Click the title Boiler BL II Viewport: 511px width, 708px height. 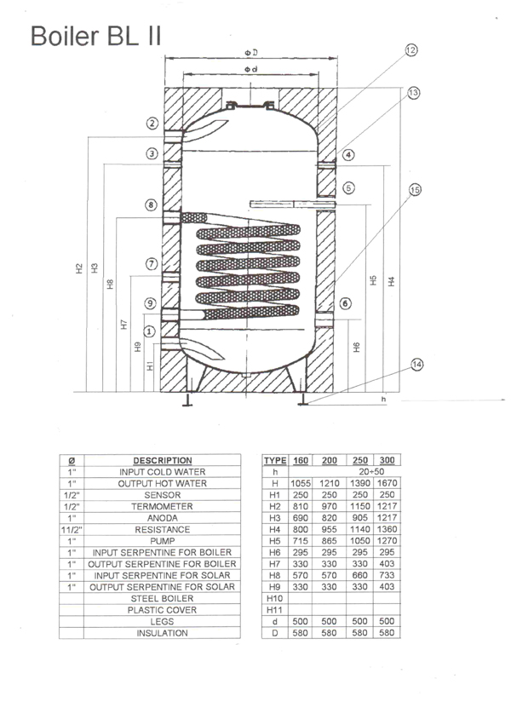point(95,36)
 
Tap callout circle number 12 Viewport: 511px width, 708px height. point(411,50)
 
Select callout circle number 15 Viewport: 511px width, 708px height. point(415,190)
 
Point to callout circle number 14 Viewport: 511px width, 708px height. point(416,365)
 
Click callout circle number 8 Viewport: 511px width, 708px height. point(152,205)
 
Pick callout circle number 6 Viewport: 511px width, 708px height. point(345,303)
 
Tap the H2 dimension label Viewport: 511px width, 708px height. point(79,268)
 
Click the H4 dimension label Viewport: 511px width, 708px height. point(392,281)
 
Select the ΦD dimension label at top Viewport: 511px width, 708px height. point(251,53)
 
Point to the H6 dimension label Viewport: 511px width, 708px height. point(357,348)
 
